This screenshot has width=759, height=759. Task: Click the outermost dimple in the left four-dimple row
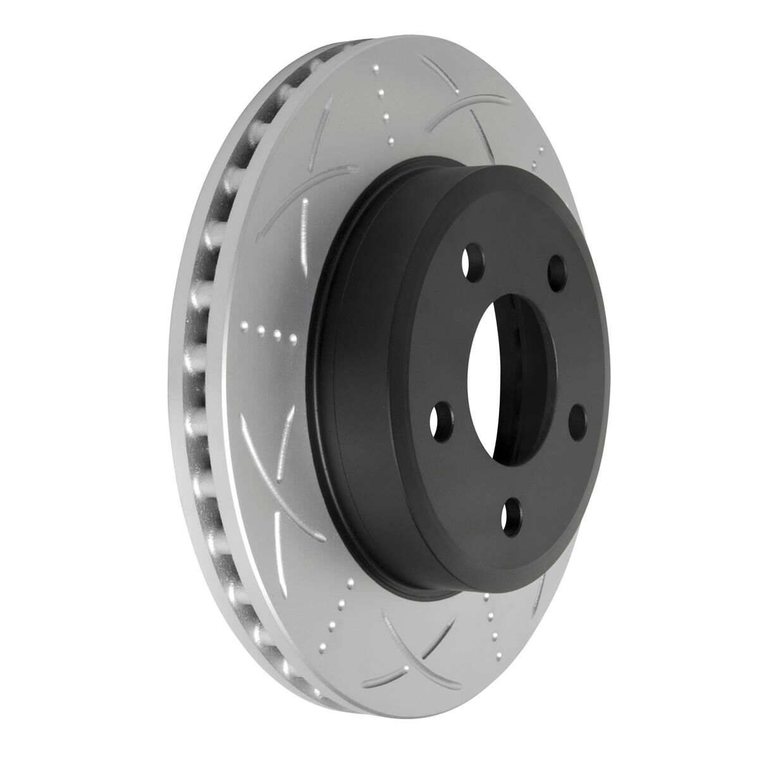[x=244, y=326]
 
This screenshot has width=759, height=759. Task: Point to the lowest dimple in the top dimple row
[x=391, y=140]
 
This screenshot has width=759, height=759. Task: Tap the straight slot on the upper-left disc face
[x=323, y=139]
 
